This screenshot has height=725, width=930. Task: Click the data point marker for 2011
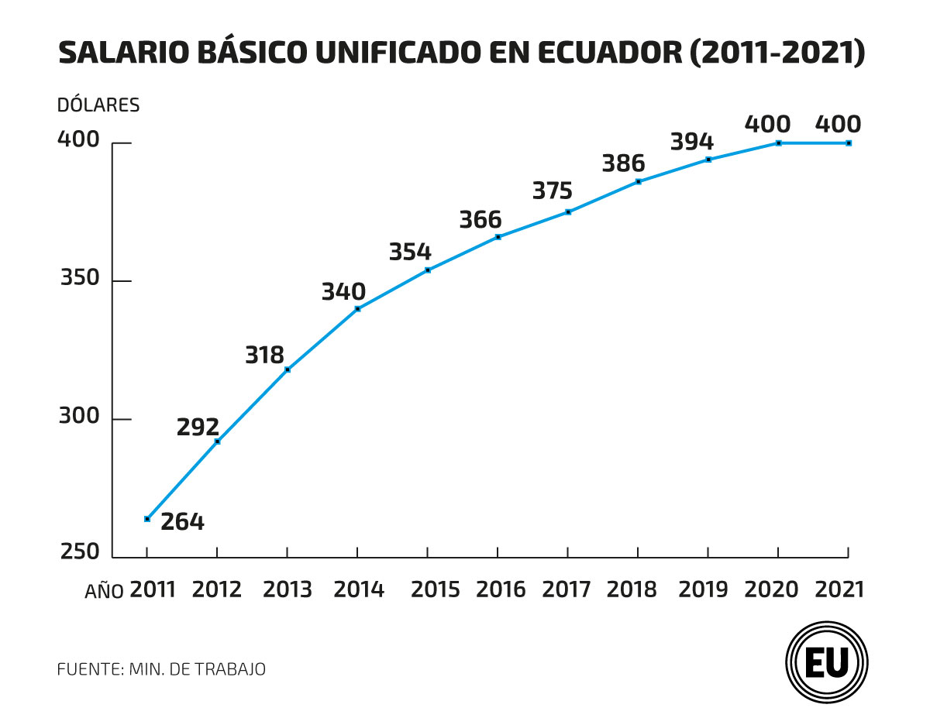click(147, 519)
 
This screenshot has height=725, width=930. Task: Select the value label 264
click(182, 521)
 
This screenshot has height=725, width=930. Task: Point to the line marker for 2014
click(357, 309)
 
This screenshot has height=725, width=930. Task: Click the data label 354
click(410, 253)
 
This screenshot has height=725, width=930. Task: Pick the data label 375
click(552, 191)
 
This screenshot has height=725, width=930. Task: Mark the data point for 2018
click(638, 181)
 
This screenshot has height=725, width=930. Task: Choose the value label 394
click(691, 142)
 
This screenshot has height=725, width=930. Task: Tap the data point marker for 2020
click(778, 143)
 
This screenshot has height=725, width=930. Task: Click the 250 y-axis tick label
click(81, 552)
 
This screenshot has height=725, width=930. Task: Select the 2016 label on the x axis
click(501, 589)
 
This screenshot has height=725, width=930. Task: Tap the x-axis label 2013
click(288, 589)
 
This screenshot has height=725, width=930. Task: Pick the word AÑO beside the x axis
click(104, 592)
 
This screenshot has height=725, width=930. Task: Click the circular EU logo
click(826, 662)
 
